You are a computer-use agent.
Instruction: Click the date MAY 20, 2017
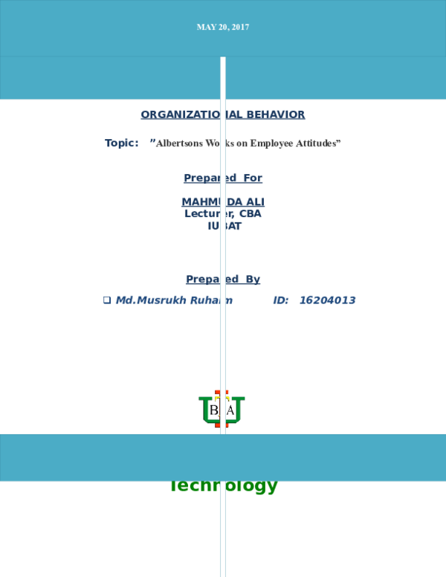(223, 27)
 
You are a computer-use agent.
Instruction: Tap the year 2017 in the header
(239, 27)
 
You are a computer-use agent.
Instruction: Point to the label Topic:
(122, 143)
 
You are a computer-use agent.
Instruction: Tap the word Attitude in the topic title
(320, 143)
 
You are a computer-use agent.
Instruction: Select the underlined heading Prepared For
(223, 178)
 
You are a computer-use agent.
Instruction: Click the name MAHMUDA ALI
(223, 202)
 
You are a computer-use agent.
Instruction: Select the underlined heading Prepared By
(223, 280)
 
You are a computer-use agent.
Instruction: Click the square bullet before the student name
(107, 300)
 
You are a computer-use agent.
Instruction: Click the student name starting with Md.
(174, 300)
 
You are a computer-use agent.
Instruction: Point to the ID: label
(280, 300)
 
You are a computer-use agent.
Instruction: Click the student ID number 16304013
(327, 300)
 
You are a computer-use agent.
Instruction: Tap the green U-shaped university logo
(222, 410)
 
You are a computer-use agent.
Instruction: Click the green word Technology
(224, 487)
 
